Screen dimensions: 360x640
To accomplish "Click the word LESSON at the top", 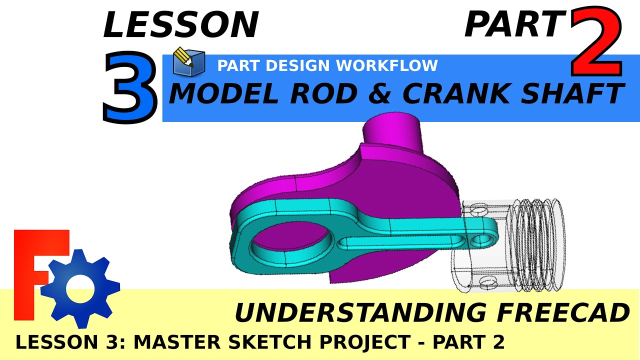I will (180, 25).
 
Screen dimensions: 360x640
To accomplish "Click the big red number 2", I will (597, 40).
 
